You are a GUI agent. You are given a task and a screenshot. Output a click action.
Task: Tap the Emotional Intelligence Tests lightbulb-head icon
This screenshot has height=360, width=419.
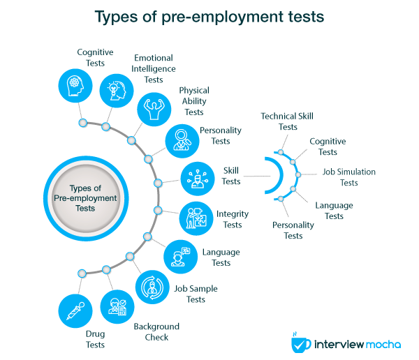[x=116, y=90]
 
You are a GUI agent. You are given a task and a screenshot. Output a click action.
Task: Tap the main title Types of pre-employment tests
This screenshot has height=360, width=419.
[x=209, y=16]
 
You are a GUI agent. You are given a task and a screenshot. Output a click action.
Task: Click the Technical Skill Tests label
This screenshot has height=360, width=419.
[x=288, y=121]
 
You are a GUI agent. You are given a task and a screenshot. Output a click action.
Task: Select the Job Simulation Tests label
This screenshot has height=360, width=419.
[x=348, y=177]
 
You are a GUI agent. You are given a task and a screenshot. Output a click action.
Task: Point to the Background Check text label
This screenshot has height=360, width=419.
[x=157, y=332]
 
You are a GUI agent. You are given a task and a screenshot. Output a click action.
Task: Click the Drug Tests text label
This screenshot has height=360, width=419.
[x=95, y=340]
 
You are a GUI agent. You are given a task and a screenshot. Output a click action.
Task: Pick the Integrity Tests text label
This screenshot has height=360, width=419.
[x=229, y=219]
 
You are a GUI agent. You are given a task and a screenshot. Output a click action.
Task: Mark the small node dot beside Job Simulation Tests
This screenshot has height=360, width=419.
[x=297, y=174]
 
